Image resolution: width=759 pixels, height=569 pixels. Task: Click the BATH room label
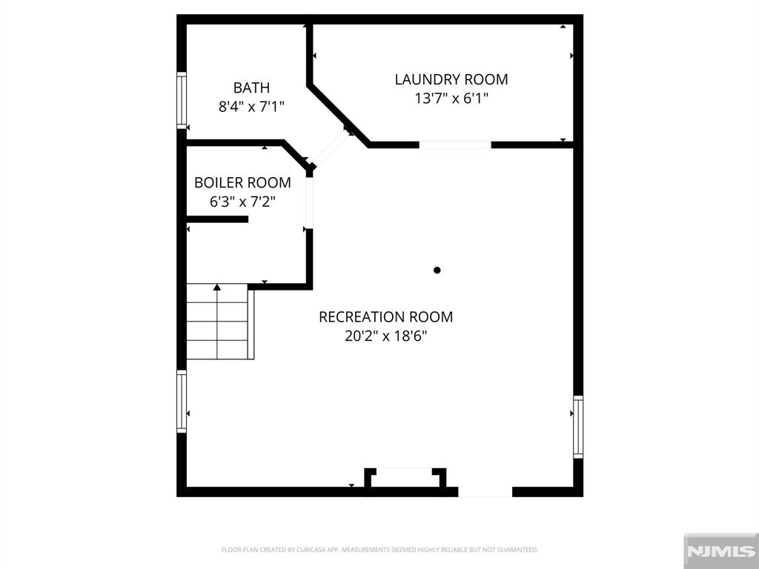pos(251,87)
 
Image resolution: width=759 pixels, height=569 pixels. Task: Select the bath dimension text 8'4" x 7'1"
pos(251,107)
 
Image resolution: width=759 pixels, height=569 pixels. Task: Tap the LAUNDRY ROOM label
pos(451,79)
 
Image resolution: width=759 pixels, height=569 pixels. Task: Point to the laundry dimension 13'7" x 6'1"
pos(451,98)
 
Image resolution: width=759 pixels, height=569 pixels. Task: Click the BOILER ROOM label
pos(242,182)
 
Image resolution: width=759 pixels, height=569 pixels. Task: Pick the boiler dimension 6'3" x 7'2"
pos(242,201)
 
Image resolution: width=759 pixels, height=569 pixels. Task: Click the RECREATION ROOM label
pos(385,317)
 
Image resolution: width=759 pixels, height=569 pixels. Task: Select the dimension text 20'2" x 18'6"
pos(385,336)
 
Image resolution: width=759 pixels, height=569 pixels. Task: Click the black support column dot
pos(437,270)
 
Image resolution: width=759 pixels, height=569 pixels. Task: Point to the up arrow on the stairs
pos(217,287)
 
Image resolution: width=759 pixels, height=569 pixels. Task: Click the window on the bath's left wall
pos(181,99)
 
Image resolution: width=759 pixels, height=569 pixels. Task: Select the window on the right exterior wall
pos(578,426)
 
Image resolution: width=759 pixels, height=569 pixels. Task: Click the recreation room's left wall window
pos(181,401)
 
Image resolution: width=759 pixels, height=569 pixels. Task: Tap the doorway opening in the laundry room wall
pos(455,144)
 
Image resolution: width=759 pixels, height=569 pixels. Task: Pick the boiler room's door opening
pos(309,202)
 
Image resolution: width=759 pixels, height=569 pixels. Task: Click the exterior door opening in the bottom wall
pos(485,491)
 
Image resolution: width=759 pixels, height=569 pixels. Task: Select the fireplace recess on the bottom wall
pos(405,479)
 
